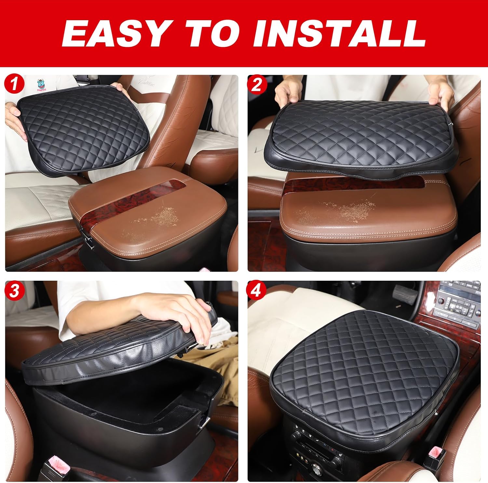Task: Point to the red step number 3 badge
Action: [x=14, y=290]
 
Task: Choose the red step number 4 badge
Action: [x=257, y=290]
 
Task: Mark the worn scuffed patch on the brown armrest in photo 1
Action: [x=156, y=221]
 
